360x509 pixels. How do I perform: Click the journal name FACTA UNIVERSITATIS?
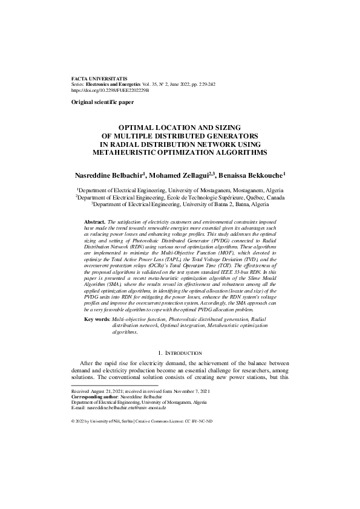pos(91,79)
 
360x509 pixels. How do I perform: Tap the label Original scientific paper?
pos(102,103)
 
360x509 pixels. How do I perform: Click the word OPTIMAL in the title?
pos(138,128)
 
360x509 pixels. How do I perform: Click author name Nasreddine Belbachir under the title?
pos(110,175)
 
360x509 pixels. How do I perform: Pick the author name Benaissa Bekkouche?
pos(251,175)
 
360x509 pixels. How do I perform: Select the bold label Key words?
pos(97,318)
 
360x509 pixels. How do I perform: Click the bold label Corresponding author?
pos(94,397)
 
